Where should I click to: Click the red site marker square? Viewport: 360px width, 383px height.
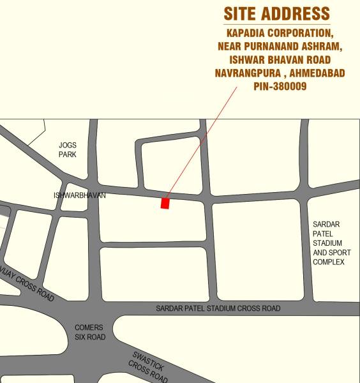coord(165,204)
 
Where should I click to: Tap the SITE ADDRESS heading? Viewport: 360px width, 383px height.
coord(276,13)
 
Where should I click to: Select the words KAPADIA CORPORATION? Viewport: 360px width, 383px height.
coord(279,33)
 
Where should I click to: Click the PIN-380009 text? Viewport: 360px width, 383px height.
coord(280,86)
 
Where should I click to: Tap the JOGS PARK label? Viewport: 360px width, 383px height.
coord(68,150)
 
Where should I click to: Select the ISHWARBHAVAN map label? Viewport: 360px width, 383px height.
coord(80,195)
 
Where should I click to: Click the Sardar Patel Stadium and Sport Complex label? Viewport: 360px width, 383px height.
coord(328,243)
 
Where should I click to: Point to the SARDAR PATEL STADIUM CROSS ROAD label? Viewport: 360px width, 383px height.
coord(218,308)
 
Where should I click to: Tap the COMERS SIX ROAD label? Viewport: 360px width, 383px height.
coord(89,332)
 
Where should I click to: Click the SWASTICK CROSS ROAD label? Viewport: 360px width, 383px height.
coord(148,367)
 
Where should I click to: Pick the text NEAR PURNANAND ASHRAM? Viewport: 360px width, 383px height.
coord(280,46)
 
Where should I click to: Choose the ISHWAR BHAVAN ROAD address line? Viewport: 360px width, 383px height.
coord(280,59)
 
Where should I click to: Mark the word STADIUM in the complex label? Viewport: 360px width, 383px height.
coord(327,243)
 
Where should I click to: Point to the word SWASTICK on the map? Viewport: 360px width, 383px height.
coord(149,361)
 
